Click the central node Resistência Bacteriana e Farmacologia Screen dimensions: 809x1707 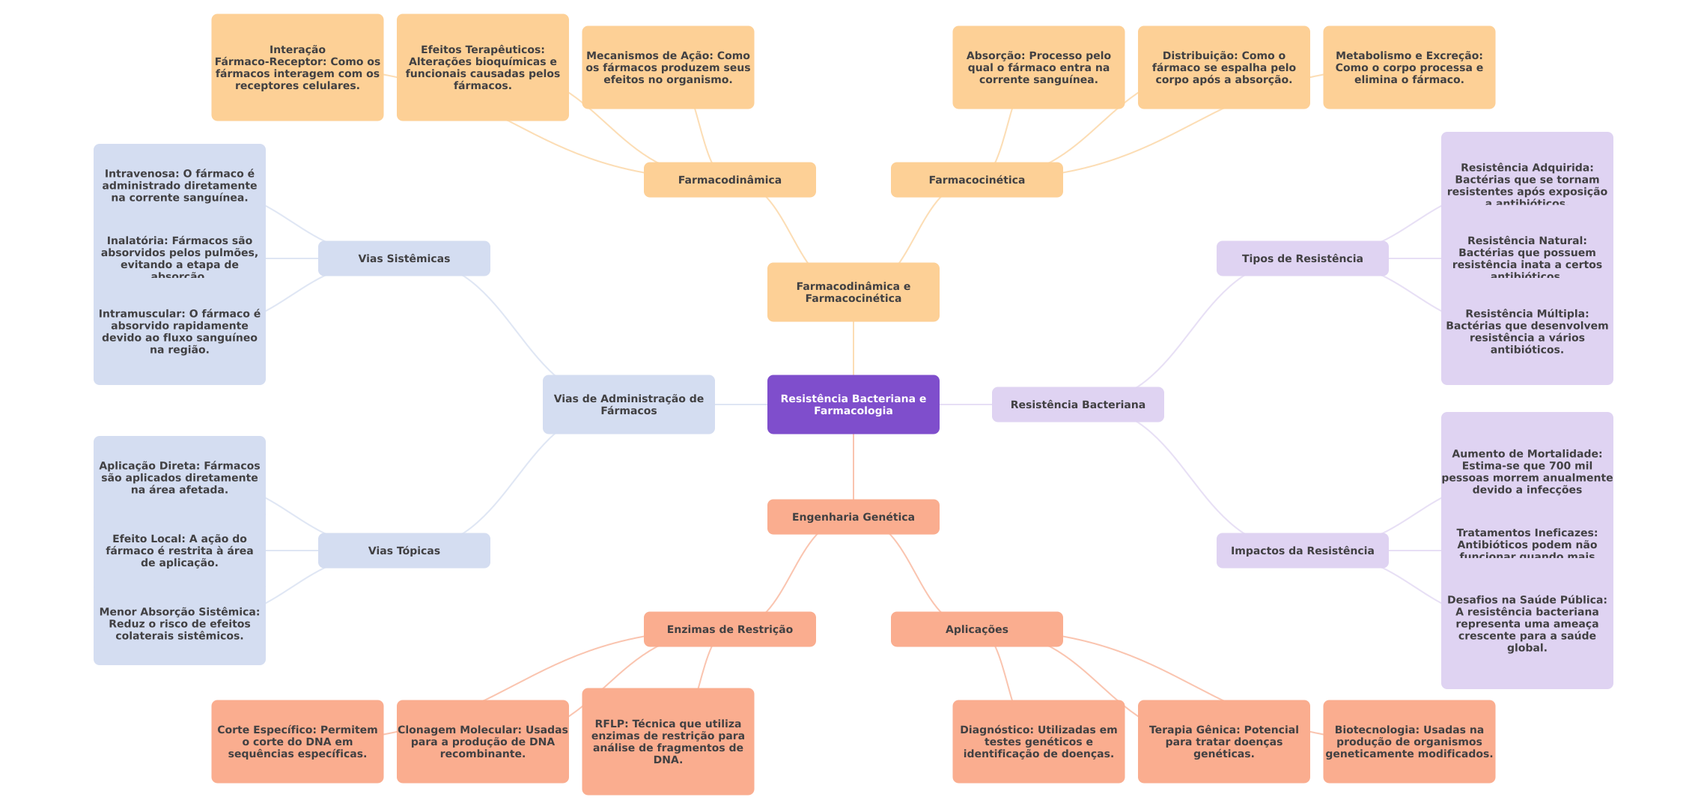point(853,404)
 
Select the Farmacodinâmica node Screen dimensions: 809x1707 point(729,180)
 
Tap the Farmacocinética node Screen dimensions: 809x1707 point(976,180)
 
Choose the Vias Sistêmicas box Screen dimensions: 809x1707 point(404,258)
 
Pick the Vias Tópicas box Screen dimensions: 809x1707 point(404,551)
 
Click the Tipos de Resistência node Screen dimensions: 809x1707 point(1302,258)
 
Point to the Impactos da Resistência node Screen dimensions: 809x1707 point(1302,551)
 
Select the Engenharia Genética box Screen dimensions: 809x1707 point(853,517)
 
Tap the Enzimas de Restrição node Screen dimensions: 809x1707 point(729,629)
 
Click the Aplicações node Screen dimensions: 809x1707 point(976,629)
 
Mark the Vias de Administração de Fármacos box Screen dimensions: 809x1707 point(628,404)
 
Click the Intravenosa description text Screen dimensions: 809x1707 point(180,186)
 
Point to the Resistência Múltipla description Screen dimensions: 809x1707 point(1527,332)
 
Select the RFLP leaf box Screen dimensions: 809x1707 point(668,742)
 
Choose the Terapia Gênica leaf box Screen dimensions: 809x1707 point(1223,742)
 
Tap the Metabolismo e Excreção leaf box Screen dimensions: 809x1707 point(1409,67)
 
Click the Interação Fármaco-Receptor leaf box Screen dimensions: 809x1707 point(297,67)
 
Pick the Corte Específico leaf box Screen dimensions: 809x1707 point(297,742)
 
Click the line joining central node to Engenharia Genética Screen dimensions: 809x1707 point(854,467)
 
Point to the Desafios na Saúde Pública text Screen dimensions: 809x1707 point(1527,624)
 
